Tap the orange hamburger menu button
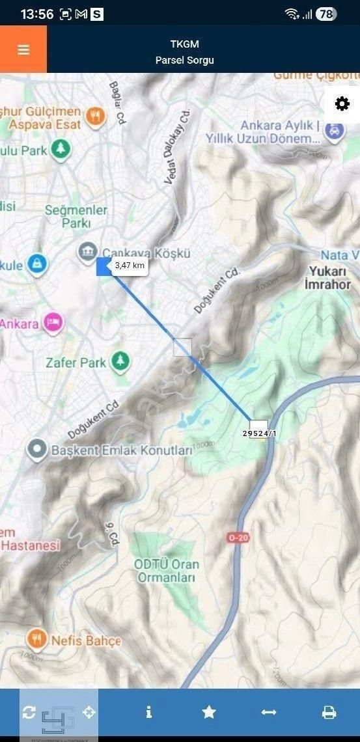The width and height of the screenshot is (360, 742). point(23,49)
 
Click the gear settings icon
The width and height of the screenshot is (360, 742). point(342,104)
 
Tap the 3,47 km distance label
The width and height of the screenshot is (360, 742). point(130,266)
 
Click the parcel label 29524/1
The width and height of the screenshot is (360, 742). point(259,433)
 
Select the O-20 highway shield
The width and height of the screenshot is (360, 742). point(238,538)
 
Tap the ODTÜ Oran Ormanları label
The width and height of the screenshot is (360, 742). point(166,570)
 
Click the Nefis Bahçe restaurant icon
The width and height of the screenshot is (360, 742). point(37,639)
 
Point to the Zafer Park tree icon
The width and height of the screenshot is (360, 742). point(120,361)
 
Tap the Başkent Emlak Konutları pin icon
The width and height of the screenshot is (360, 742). point(37,448)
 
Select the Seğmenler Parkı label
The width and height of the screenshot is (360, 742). point(76,216)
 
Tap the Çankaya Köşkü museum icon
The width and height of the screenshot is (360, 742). point(87,251)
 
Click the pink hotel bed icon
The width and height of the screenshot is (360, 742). point(53,322)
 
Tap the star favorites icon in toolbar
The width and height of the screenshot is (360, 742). point(209,712)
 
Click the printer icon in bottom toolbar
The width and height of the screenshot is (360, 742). point(329,712)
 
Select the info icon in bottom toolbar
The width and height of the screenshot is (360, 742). point(149,712)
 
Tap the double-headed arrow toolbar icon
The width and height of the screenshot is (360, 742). point(269,712)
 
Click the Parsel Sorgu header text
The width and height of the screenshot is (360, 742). point(184,60)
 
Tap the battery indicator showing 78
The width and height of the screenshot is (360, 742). point(326,14)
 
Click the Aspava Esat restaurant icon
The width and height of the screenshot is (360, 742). point(96,117)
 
